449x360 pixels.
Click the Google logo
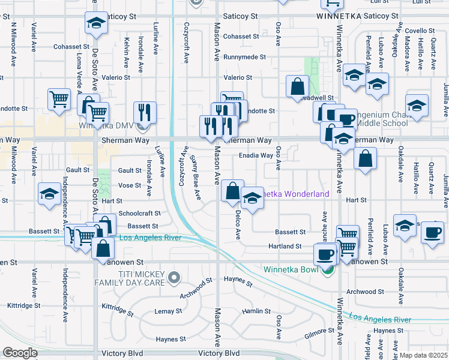tap(20, 353)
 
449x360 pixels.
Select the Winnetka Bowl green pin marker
tap(327, 271)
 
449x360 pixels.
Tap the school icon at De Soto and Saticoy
tap(95, 23)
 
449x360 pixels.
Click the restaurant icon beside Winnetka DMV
tap(145, 112)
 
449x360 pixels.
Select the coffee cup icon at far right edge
tap(432, 232)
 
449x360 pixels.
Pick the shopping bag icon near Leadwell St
tap(297, 86)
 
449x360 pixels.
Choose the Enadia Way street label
tap(256, 155)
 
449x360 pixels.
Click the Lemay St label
tap(168, 311)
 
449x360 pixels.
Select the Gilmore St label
tap(319, 331)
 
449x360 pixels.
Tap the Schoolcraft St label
tap(140, 214)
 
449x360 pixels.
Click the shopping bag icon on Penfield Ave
tap(365, 160)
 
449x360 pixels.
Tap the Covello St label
tap(419, 31)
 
